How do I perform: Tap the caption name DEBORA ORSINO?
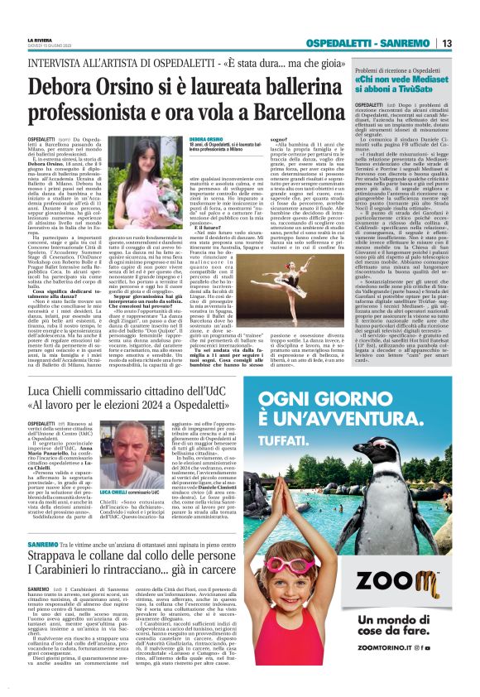click(205, 140)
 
